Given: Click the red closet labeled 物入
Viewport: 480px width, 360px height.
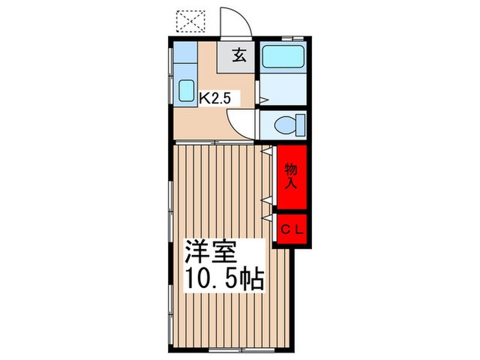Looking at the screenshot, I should pyautogui.click(x=291, y=176).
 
